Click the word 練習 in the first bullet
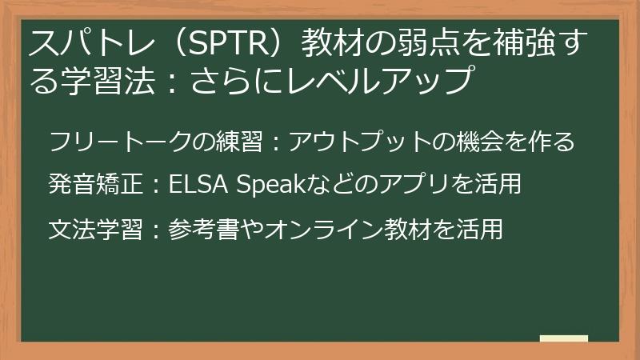(x=239, y=142)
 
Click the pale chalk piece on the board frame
(x=564, y=338)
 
